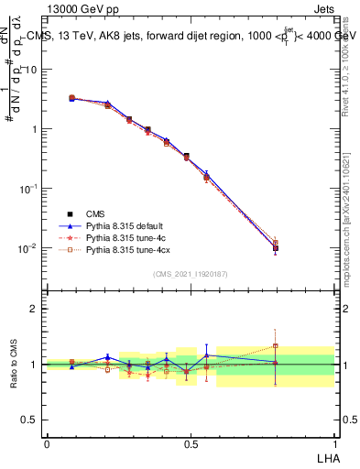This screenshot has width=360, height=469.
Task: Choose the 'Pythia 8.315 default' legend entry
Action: [123, 224]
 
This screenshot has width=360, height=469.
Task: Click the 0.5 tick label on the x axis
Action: [191, 443]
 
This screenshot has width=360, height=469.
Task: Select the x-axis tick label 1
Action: [333, 443]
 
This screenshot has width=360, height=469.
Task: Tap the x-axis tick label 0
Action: [47, 443]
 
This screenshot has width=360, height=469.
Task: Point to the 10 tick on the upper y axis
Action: [32, 70]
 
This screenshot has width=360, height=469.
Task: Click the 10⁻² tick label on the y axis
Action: [29, 247]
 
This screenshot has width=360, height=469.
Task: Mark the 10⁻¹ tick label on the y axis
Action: [29, 188]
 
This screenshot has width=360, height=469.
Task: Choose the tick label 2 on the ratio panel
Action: [35, 309]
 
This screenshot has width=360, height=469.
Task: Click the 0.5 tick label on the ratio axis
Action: [31, 420]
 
